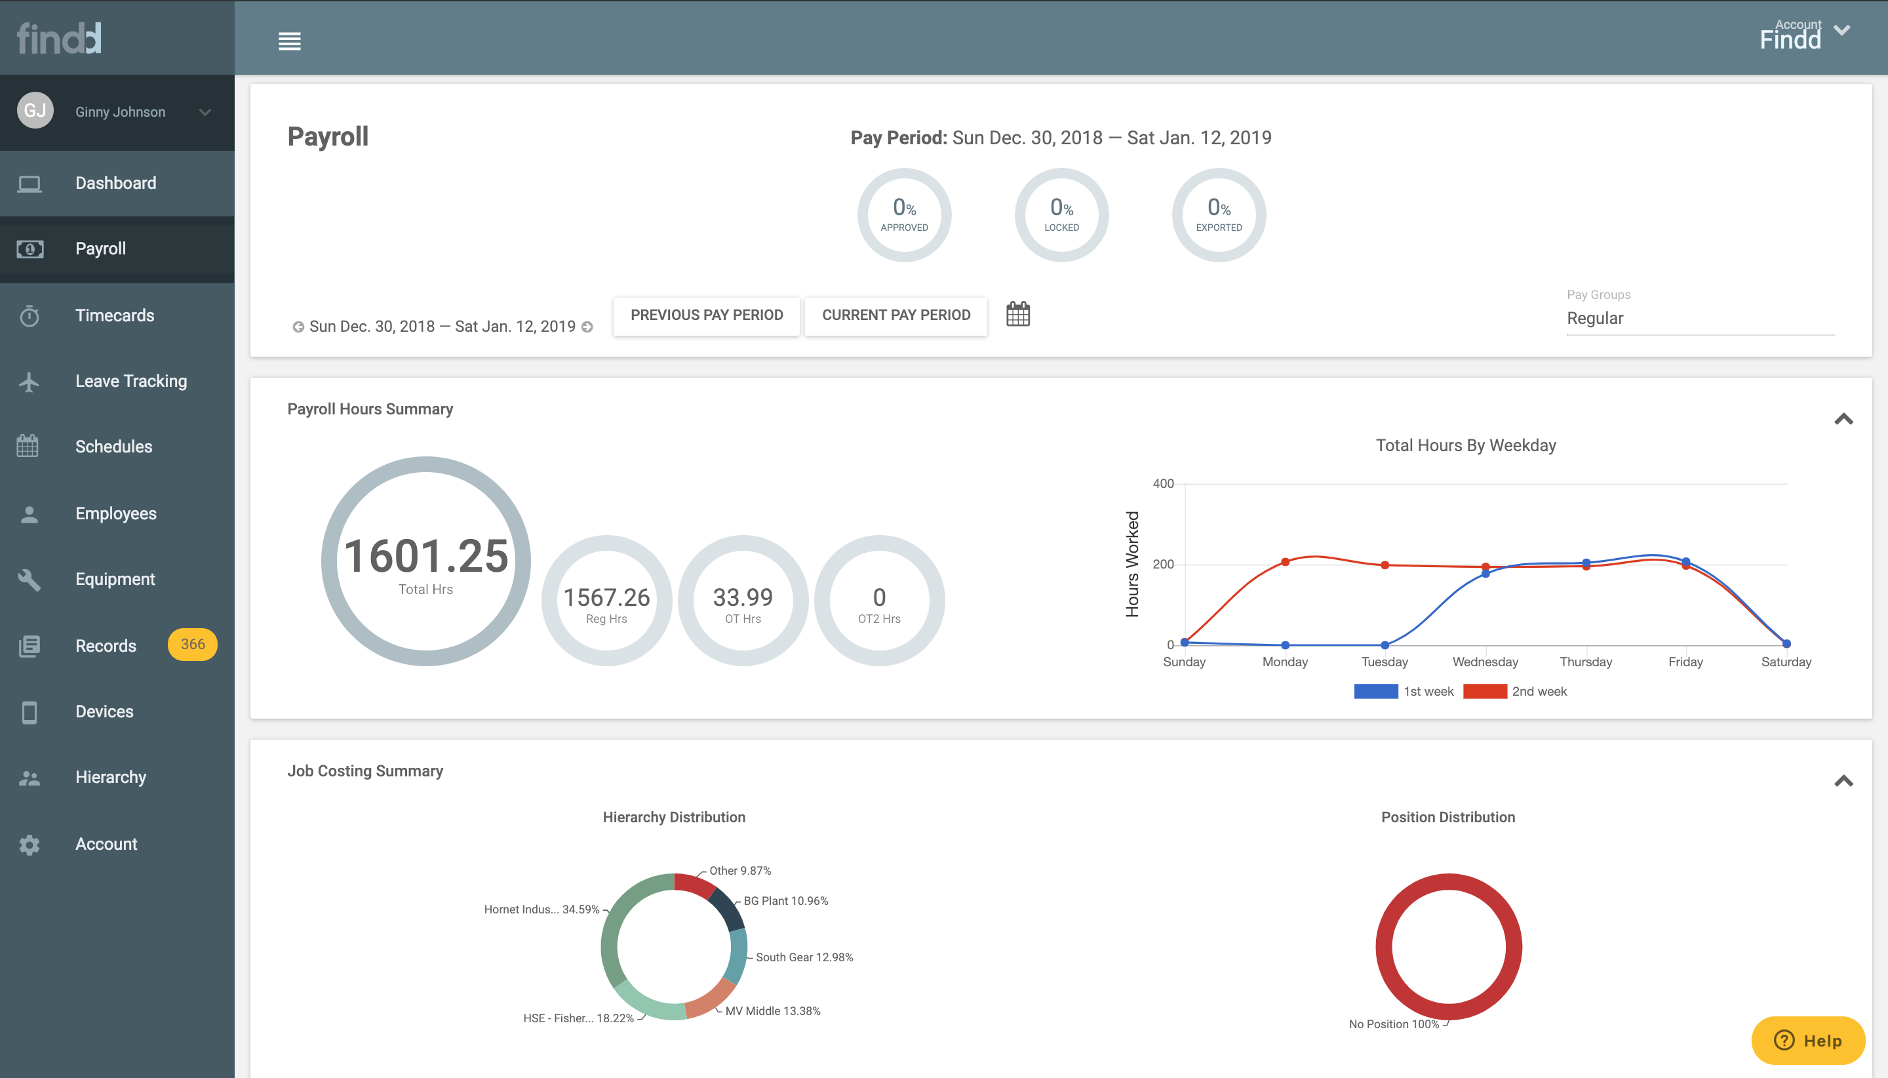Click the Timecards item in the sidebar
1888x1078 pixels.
point(115,315)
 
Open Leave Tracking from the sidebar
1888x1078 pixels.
point(130,381)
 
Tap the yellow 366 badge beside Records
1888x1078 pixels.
point(193,644)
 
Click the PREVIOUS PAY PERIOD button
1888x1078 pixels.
point(706,315)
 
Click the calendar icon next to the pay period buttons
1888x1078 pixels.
point(1017,314)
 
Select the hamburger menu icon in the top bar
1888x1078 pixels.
point(289,41)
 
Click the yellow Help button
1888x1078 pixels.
point(1807,1040)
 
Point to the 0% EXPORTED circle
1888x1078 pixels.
point(1218,214)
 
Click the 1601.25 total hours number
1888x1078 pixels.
point(426,556)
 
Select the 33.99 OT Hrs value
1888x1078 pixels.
point(742,597)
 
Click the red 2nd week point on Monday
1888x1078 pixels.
point(1285,562)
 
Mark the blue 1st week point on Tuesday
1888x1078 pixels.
point(1385,645)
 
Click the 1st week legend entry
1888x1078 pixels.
point(1404,692)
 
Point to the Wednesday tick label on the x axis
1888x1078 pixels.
point(1485,662)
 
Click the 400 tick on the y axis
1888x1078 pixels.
point(1163,483)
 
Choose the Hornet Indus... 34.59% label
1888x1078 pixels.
point(541,909)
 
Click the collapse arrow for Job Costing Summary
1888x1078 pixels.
point(1843,781)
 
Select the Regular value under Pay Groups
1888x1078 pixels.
point(1595,319)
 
